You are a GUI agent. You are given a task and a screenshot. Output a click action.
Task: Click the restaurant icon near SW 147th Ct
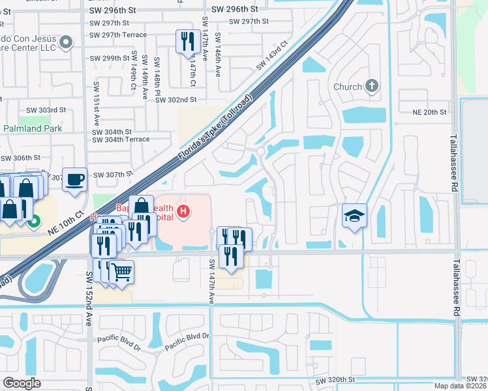188,42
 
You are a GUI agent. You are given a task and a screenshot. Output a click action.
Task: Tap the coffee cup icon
75,179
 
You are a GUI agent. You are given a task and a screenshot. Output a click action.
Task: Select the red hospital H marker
185,211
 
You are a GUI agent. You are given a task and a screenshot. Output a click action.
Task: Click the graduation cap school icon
354,216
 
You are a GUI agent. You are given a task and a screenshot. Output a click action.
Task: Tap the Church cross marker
372,87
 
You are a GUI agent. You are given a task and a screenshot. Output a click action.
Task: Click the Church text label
347,87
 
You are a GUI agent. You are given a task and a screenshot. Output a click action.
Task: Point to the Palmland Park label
32,128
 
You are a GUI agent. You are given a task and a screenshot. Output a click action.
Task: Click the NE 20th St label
430,112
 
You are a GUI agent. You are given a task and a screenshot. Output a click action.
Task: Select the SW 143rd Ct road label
272,57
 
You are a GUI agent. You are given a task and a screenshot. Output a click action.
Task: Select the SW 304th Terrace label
121,139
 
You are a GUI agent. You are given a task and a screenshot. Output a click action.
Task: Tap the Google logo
21,383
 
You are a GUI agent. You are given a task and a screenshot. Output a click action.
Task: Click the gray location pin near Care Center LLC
66,43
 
